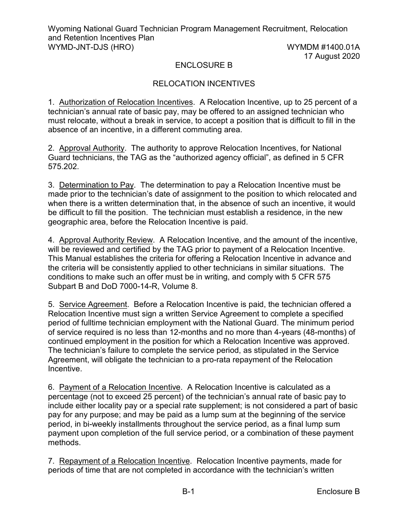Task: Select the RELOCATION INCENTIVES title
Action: pos(204,84)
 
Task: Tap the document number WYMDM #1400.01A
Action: pos(323,47)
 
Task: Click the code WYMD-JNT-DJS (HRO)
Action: pos(91,47)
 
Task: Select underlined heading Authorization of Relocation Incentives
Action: pos(126,102)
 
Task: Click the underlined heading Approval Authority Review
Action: pos(106,240)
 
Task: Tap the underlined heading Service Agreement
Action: pos(93,304)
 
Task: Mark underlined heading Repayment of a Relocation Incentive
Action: pos(124,461)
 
